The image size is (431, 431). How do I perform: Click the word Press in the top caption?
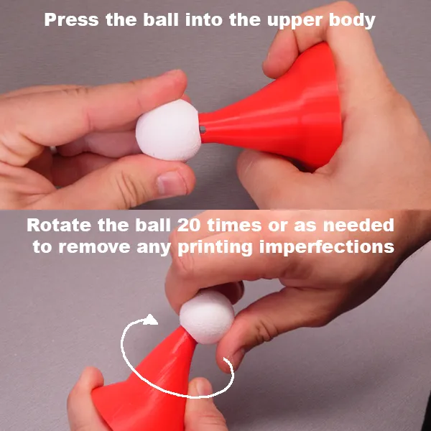click(71, 20)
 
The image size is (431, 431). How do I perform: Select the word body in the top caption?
click(352, 20)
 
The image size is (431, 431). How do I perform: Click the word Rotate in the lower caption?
click(59, 225)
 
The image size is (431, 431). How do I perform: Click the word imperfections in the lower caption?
click(327, 247)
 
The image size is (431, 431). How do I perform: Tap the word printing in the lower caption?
click(215, 247)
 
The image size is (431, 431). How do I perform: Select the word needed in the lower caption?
click(358, 225)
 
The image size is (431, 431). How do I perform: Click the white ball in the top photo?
click(169, 131)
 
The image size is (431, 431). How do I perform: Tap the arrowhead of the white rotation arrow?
click(150, 320)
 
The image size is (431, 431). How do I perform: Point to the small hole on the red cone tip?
click(203, 129)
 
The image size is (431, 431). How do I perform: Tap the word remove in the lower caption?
click(94, 247)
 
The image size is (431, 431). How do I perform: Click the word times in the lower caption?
click(234, 225)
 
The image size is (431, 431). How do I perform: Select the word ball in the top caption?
click(161, 20)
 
